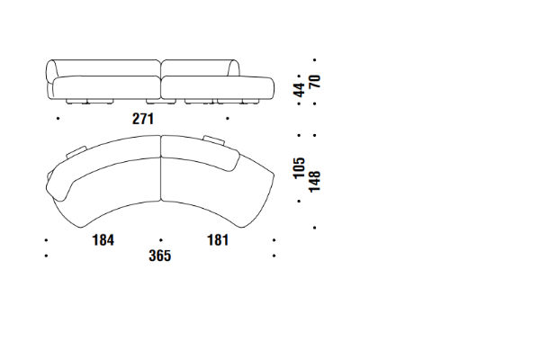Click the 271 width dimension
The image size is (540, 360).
point(143,119)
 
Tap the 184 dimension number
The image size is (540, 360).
point(103,240)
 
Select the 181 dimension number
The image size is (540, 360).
point(218,240)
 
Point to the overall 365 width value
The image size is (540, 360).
point(160,256)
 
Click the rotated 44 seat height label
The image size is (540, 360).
point(300,90)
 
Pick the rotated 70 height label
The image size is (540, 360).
point(315,81)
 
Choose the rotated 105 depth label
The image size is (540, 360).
point(300,167)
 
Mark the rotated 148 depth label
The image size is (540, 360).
point(315,182)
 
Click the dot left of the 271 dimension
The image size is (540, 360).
point(58,119)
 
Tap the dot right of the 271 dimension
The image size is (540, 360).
point(228,119)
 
